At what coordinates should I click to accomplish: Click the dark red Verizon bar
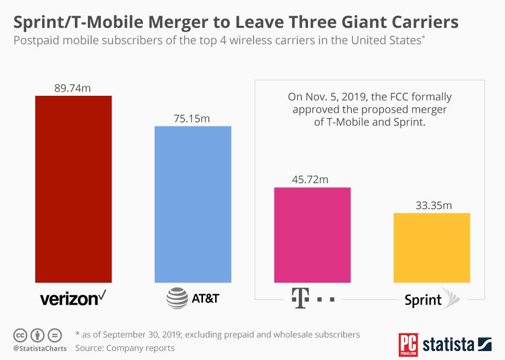click(73, 189)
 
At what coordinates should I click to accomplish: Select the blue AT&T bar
click(193, 205)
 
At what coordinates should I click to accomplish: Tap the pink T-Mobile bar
click(312, 235)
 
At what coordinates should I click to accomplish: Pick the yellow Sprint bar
click(431, 248)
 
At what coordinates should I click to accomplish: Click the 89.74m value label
click(73, 88)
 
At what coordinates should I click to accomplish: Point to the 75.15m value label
click(192, 118)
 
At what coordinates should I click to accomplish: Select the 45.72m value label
click(310, 179)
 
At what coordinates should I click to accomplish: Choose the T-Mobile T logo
click(299, 298)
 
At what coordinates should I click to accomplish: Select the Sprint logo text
click(423, 300)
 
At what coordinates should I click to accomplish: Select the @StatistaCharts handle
click(40, 348)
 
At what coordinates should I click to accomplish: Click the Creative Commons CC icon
click(21, 335)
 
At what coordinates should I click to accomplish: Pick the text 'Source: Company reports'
click(125, 348)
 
